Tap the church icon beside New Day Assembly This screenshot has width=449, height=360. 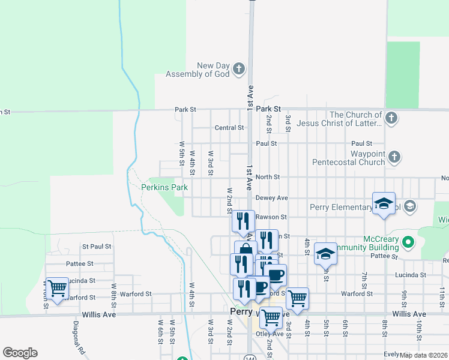pos(239,69)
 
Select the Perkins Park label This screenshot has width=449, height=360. pos(164,187)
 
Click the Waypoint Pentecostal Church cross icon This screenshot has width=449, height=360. pos(394,157)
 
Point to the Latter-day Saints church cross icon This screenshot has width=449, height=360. pos(391,118)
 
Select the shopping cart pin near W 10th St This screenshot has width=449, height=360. pos(57,289)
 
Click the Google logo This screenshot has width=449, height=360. pos(20,353)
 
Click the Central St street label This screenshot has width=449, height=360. pos(229,128)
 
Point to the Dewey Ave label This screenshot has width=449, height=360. pos(271,197)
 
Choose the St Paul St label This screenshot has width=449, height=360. pos(97,247)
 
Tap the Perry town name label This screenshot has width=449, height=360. pos(240,312)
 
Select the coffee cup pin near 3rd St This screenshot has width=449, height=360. pos(276,275)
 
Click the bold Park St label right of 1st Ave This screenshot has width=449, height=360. pos(268,109)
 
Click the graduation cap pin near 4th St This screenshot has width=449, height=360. pos(325,253)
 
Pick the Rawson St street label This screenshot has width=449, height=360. pos(271,217)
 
